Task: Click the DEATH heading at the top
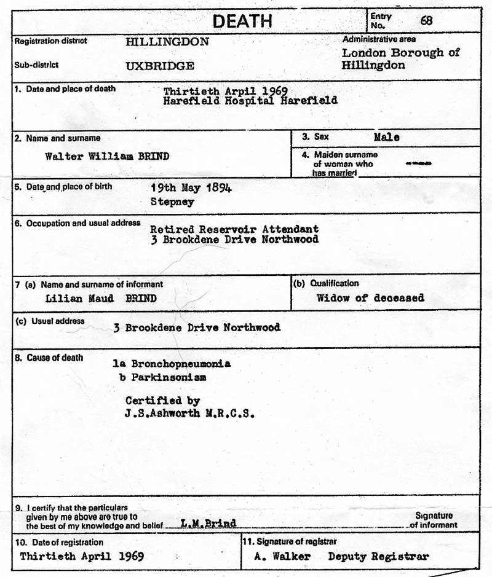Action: pos(242,21)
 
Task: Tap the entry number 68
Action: pos(426,20)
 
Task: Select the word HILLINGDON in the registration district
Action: pos(167,42)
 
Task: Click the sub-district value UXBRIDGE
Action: pos(160,66)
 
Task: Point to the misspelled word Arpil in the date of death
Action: pos(232,90)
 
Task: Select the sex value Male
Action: pos(386,138)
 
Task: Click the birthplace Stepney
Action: pos(173,201)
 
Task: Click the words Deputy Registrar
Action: pos(378,557)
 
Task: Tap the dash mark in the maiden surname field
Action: pos(419,163)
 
